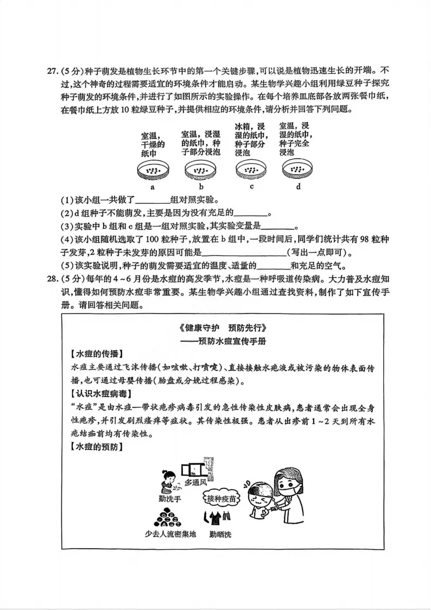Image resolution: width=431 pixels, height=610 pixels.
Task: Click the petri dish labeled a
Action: [x=153, y=172]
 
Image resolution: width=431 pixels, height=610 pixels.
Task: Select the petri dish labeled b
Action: [x=200, y=172]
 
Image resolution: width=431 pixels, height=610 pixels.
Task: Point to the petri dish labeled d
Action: [x=298, y=172]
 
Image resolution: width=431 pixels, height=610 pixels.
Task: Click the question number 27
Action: [x=52, y=72]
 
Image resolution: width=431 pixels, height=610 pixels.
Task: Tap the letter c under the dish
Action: [x=252, y=187]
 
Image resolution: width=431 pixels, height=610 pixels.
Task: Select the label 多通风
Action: [x=195, y=482]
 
